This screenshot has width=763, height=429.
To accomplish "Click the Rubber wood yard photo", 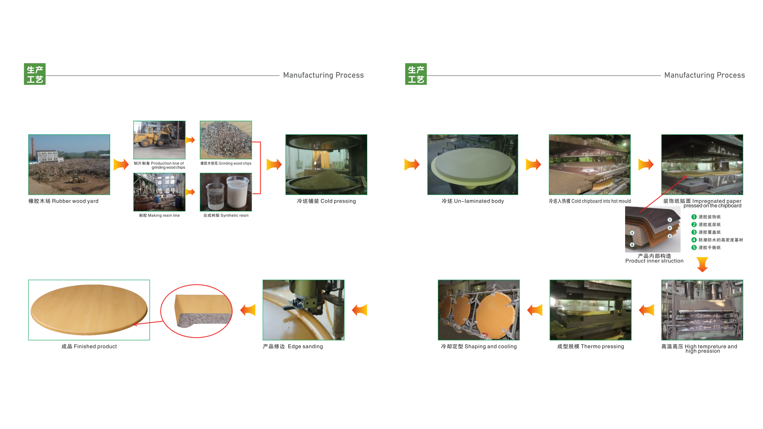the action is click(69, 164).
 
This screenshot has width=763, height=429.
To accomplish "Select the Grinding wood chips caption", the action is click(226, 163).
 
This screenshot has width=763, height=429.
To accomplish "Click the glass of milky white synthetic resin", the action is click(237, 192).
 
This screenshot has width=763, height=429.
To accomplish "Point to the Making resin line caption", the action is click(159, 215).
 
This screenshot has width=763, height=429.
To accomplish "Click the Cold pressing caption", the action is click(326, 201).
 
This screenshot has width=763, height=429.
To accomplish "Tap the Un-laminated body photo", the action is click(473, 164).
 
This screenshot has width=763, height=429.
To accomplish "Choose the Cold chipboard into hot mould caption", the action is click(590, 201).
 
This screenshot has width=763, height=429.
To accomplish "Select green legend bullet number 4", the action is click(694, 240).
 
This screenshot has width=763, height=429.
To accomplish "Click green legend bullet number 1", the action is click(694, 217).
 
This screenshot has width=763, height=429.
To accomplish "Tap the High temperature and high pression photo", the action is click(702, 310).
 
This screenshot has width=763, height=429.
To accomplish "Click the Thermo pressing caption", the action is click(591, 346).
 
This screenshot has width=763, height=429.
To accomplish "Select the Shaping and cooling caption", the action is click(479, 346).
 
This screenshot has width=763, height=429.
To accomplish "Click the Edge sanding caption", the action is click(293, 346).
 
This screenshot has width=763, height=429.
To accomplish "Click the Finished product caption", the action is click(89, 346).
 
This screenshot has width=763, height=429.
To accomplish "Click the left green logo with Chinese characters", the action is click(35, 74).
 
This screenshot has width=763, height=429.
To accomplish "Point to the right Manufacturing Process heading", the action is click(705, 75).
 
